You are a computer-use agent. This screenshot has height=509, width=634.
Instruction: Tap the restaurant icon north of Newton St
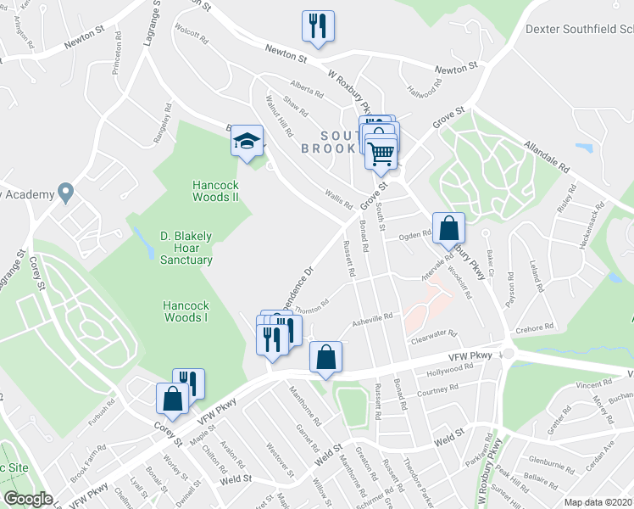tap(318, 25)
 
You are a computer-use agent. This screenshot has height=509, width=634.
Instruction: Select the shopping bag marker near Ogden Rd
tap(449, 227)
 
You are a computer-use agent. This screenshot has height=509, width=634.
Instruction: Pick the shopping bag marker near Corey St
tap(172, 399)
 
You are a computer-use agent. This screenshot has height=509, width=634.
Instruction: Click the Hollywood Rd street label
tap(449, 372)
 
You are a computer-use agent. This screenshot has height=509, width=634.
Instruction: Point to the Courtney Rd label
tap(437, 389)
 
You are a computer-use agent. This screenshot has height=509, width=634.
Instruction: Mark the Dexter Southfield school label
tap(580, 28)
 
